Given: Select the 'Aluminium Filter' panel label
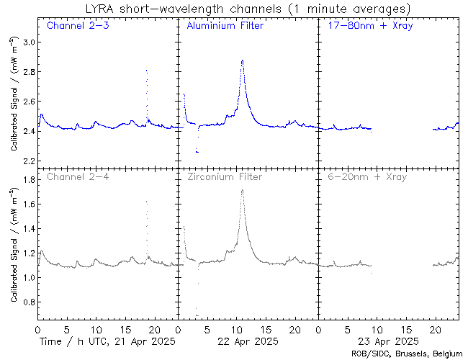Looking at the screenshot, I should [x=225, y=27].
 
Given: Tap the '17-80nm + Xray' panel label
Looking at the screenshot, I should [x=366, y=27].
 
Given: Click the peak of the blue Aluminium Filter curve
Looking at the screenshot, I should [x=243, y=60].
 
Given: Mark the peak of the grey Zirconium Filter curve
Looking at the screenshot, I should [x=243, y=190].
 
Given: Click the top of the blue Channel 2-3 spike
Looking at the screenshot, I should [x=146, y=70].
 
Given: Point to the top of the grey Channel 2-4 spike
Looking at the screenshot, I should [x=146, y=201].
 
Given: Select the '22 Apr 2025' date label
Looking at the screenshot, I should [x=246, y=341].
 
